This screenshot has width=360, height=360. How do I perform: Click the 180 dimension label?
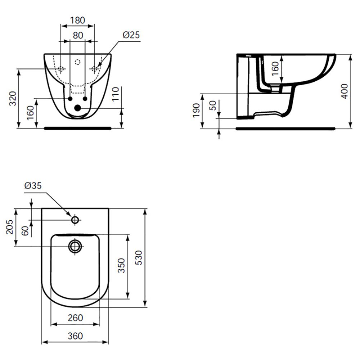pyautogui.click(x=78, y=20)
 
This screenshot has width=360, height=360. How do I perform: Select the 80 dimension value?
pyautogui.click(x=78, y=35)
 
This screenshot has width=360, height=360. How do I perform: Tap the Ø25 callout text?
pyautogui.click(x=131, y=35)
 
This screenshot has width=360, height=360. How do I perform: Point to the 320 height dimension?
pyautogui.click(x=13, y=99)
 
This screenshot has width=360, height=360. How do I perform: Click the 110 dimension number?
pyautogui.click(x=116, y=94)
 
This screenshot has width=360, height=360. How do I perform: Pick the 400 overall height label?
pyautogui.click(x=345, y=91)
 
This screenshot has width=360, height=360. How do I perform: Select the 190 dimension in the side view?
pyautogui.click(x=196, y=111)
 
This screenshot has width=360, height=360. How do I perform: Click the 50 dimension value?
pyautogui.click(x=213, y=105)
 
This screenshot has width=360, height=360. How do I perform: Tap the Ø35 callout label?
pyautogui.click(x=33, y=185)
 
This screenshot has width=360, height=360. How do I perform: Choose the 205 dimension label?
pyautogui.click(x=9, y=227)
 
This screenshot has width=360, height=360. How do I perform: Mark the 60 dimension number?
pyautogui.click(x=25, y=230)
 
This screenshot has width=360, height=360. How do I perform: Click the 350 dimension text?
pyautogui.click(x=121, y=265)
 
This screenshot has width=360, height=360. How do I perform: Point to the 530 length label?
pyautogui.click(x=139, y=258)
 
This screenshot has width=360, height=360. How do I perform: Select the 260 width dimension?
pyautogui.click(x=75, y=318)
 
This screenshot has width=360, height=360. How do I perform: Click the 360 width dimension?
pyautogui.click(x=75, y=336)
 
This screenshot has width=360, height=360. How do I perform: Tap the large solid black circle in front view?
pyautogui.click(x=78, y=108)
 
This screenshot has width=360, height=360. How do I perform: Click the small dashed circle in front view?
pyautogui.click(x=78, y=62)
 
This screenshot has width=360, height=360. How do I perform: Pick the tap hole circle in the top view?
pyautogui.click(x=75, y=220)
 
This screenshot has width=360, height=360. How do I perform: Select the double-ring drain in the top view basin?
pyautogui.click(x=75, y=246)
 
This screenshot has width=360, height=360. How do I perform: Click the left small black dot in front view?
pyautogui.click(x=70, y=99)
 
